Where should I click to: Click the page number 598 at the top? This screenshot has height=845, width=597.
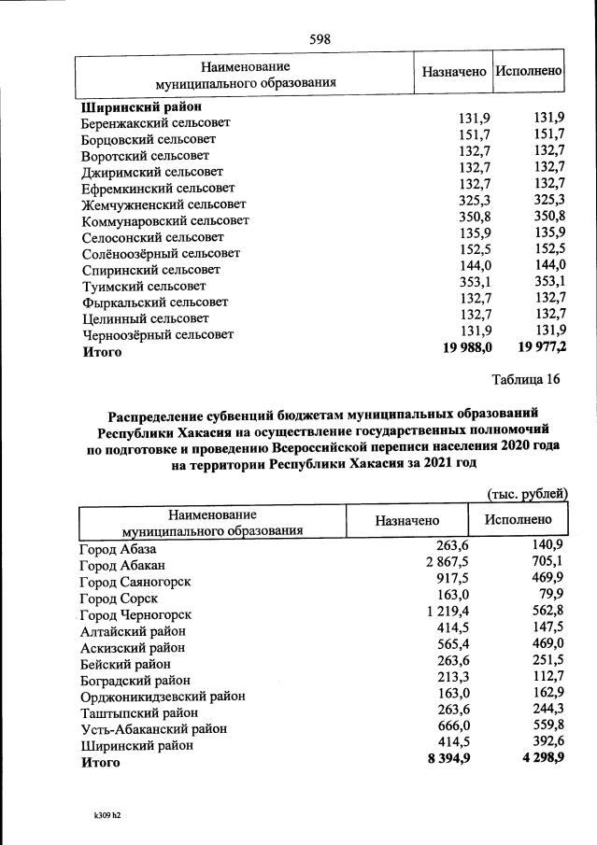[x=320, y=38]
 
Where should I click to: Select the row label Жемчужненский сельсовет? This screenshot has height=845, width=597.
[x=163, y=204]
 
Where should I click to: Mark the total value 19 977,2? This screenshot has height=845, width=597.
[x=541, y=348]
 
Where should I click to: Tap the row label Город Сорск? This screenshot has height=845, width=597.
[x=119, y=598]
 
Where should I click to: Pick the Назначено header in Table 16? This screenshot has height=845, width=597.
[x=407, y=521]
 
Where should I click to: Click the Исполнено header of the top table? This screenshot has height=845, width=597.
[x=529, y=71]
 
